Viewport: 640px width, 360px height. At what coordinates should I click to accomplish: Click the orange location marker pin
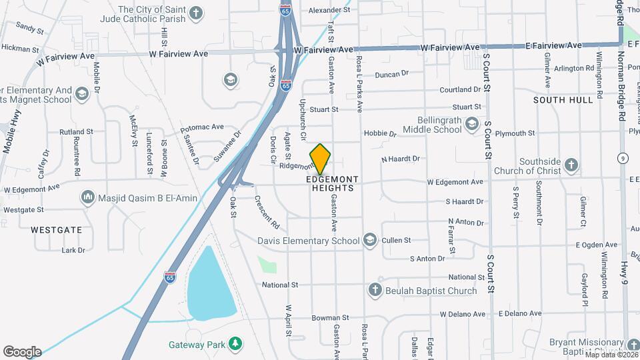(x=321, y=159)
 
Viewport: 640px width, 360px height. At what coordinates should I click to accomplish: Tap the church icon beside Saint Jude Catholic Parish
(x=196, y=13)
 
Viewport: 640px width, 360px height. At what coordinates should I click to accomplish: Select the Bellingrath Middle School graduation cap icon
(x=472, y=124)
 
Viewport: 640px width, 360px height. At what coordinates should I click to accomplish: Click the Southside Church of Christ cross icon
(x=571, y=164)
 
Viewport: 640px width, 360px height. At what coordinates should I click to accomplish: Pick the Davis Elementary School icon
(x=370, y=240)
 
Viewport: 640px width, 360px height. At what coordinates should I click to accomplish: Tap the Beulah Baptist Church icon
(x=375, y=290)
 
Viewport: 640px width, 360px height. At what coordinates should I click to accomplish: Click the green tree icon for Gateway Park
(x=234, y=343)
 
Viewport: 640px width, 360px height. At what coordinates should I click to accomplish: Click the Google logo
(x=22, y=351)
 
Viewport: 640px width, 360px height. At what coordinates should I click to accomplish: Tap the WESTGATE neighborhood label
(x=57, y=230)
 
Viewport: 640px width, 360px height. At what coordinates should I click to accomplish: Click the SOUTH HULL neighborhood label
(x=563, y=100)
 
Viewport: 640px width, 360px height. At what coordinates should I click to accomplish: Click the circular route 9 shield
(x=622, y=158)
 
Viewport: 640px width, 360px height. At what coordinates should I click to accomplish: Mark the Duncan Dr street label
(x=391, y=74)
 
